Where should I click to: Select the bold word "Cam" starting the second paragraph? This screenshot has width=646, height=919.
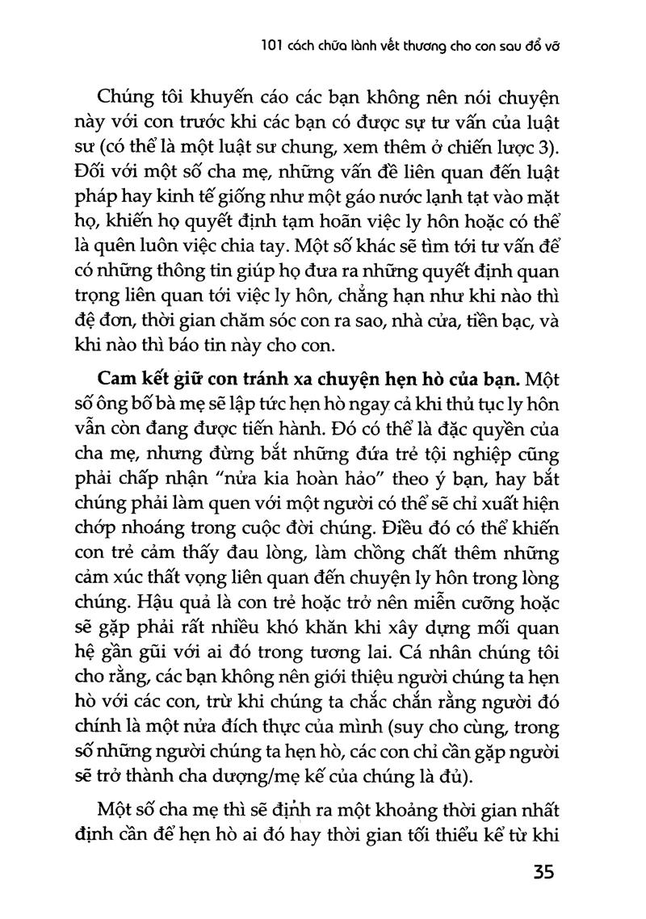point(116,378)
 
